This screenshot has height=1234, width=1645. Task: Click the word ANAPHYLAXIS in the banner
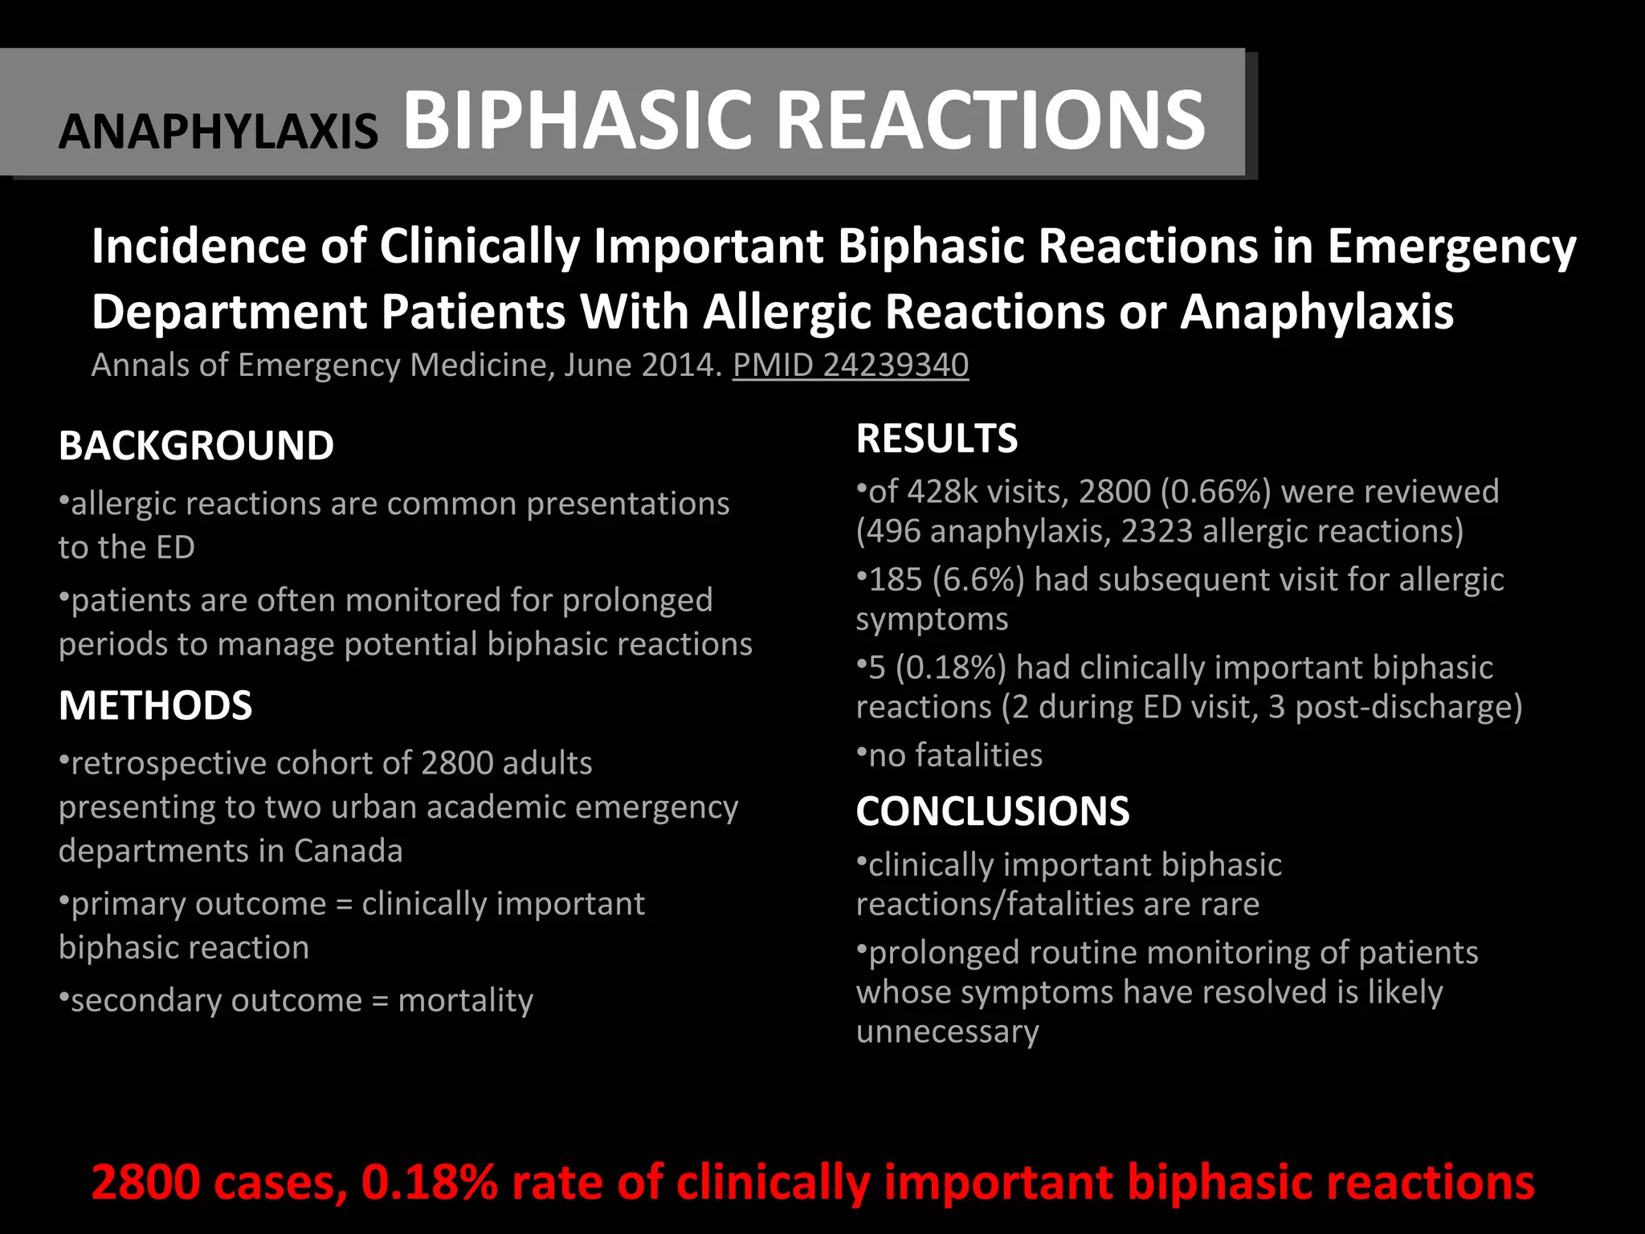[218, 131]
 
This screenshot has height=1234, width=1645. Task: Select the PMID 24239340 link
[851, 366]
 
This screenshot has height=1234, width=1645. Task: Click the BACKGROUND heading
[196, 446]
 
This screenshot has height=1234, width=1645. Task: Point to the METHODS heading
[155, 706]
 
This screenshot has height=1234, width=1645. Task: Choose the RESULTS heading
[937, 439]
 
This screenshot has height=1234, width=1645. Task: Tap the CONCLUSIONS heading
[992, 811]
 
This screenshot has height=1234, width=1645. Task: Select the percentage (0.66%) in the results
[1216, 492]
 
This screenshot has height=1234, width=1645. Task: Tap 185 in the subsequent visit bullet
[896, 580]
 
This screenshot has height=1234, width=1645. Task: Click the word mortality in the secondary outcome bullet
[465, 1001]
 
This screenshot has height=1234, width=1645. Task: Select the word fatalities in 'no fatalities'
[978, 756]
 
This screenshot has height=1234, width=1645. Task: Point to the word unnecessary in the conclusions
[947, 1032]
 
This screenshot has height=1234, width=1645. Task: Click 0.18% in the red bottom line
[430, 1183]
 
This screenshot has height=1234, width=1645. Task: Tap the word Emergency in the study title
[1451, 247]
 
